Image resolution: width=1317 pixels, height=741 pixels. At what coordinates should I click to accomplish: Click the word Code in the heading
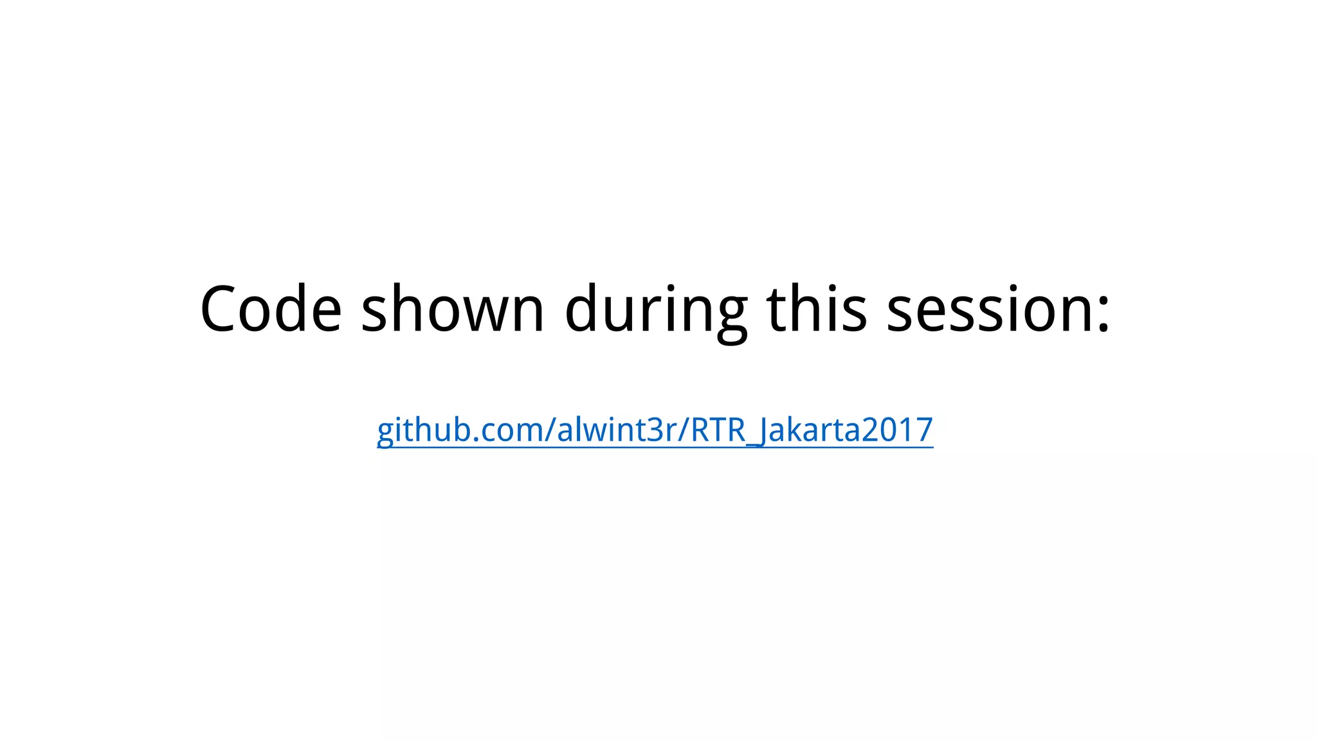click(271, 309)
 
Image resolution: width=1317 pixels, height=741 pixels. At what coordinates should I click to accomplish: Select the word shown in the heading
click(452, 309)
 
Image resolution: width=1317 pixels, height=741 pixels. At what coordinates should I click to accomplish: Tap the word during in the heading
click(656, 309)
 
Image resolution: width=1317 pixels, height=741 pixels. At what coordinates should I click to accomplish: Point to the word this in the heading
click(817, 309)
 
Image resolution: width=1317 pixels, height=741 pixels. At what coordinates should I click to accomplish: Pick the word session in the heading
click(988, 309)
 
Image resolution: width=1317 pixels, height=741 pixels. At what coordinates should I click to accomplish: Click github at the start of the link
click(422, 430)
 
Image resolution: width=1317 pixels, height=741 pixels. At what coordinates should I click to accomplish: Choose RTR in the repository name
click(717, 430)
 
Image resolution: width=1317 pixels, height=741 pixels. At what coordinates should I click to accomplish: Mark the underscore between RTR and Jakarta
click(752, 444)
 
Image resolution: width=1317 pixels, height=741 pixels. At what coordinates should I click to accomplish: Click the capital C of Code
click(218, 309)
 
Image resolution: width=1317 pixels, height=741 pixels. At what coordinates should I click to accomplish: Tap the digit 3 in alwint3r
click(657, 430)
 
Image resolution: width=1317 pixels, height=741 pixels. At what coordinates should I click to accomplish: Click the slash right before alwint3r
click(550, 430)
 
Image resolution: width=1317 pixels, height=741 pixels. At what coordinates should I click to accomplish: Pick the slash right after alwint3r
click(684, 430)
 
